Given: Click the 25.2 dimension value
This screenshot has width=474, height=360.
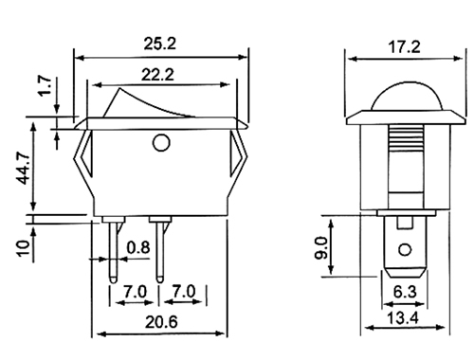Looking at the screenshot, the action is (x=159, y=44).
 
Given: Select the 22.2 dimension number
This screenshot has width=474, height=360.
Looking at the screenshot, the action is (x=157, y=75).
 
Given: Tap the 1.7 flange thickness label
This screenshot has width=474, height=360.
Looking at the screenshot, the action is (x=45, y=85).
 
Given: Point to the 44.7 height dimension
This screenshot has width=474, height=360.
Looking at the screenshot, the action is (x=23, y=169).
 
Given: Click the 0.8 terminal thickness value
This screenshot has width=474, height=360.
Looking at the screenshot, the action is (x=138, y=247).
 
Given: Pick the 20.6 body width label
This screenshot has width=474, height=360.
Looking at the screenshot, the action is (x=161, y=322).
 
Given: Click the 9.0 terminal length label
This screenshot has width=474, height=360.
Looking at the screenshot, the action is (x=321, y=247).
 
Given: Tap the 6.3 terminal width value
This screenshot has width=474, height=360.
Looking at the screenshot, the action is (x=405, y=292).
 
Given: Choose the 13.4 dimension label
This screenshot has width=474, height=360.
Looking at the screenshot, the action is (x=403, y=317).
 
